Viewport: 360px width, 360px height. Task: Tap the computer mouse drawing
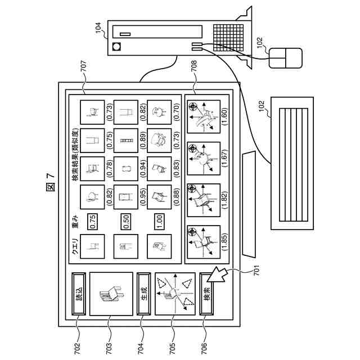pyautogui.click(x=285, y=57)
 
